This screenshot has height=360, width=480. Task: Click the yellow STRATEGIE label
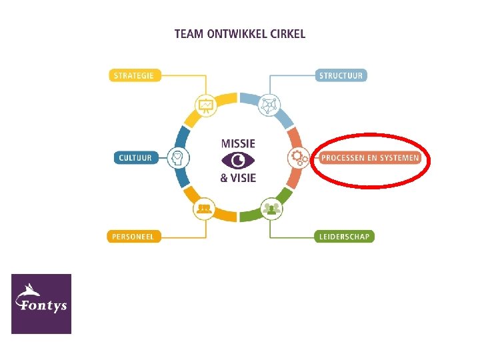coord(134,75)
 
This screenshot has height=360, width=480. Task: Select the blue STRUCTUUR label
coord(341,75)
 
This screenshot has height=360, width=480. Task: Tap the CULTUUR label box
coord(135,158)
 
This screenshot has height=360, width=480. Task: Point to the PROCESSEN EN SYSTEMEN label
coord(370,158)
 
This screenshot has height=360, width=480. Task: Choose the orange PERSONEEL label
coord(134,236)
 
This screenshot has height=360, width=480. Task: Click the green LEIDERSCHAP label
coord(344,236)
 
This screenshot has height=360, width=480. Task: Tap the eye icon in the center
coord(238,160)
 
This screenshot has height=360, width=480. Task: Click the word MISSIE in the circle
coord(238,143)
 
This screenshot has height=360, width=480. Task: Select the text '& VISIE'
coord(238,177)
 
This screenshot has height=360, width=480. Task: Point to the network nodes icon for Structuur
coord(270,105)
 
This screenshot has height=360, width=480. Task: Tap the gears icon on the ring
coord(297,158)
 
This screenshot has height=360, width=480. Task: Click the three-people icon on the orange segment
coord(204,209)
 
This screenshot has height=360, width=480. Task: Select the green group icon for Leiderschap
coord(270,209)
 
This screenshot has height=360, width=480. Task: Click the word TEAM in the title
coord(187,33)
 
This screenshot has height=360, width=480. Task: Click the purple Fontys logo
coord(41,303)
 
